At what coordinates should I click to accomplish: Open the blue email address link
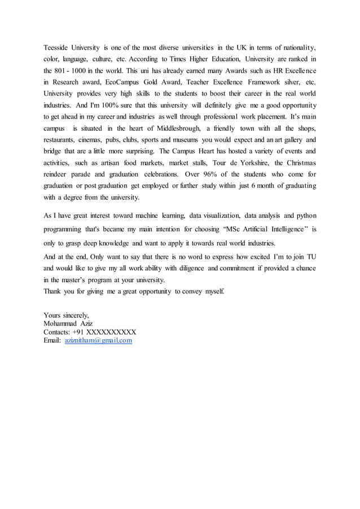click(x=98, y=341)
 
